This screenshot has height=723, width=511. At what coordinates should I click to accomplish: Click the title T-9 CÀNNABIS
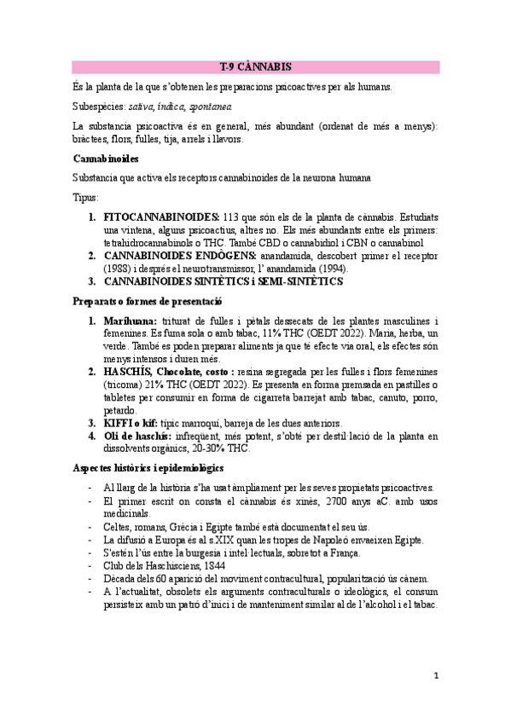255,66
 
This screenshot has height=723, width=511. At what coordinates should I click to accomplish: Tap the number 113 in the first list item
233,217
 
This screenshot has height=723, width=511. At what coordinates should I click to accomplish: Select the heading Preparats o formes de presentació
148,302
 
